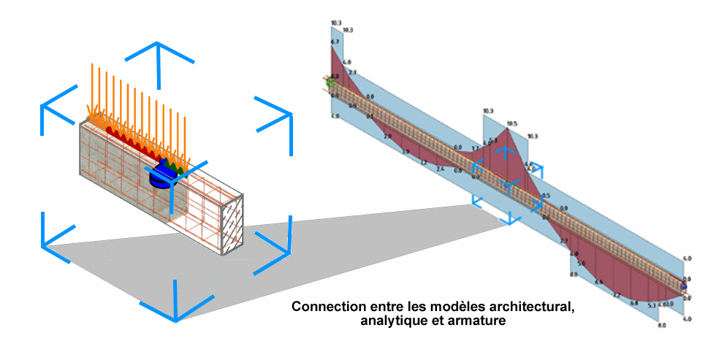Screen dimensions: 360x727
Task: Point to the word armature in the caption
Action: tap(480, 321)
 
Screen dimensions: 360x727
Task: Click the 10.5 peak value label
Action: tap(511, 123)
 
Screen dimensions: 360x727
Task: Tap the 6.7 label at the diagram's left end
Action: tap(335, 42)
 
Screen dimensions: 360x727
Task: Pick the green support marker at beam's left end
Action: tap(331, 82)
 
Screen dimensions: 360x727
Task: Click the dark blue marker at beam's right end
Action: tap(684, 287)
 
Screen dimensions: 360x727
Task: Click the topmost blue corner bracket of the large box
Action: tap(156, 51)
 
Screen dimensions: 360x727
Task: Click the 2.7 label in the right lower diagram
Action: tap(563, 241)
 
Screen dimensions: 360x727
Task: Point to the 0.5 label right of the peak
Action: tap(546, 196)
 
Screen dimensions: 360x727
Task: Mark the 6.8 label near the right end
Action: tap(633, 302)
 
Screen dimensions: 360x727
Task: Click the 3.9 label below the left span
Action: tap(405, 151)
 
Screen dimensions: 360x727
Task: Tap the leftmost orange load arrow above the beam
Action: tap(92, 88)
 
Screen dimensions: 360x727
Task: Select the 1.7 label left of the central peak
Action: tap(476, 148)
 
